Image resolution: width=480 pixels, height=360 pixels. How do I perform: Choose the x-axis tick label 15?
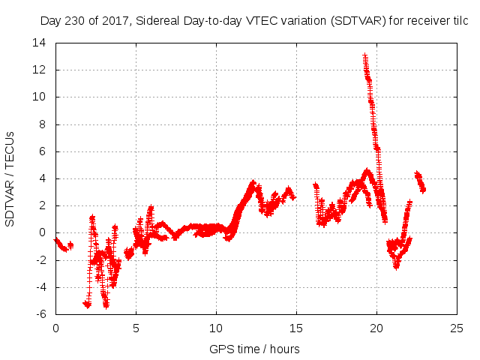click(296, 328)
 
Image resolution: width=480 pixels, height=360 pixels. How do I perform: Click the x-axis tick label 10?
click(216, 328)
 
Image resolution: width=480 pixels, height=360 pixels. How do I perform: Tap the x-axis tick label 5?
click(136, 328)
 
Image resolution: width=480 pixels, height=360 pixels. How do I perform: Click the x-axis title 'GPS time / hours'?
click(255, 349)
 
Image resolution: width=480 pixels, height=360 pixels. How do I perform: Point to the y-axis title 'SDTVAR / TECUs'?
click(10, 178)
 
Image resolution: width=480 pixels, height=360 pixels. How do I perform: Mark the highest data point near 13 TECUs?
click(364, 55)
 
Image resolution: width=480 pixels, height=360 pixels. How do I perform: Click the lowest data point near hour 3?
click(106, 305)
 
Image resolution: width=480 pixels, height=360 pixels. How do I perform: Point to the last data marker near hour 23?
click(423, 190)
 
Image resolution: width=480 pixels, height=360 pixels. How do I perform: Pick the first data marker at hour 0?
click(56, 239)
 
